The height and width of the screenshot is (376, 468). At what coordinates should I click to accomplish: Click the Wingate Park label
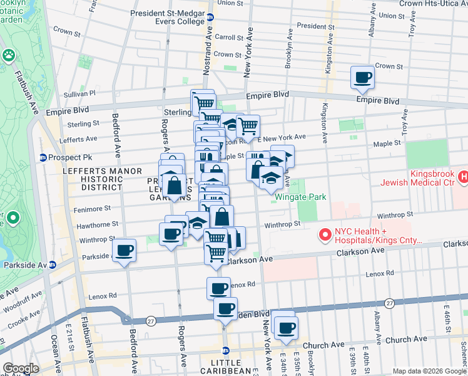coord(300,197)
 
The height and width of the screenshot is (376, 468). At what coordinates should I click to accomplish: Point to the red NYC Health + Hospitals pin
coord(325,236)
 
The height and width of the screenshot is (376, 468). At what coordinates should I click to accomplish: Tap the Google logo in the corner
coord(20,368)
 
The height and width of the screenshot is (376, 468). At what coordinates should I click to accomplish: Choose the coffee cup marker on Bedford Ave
coord(124,251)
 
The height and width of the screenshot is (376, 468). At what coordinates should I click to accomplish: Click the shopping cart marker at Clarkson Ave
coord(216,254)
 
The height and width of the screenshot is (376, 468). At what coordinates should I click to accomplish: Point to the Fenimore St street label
coord(94,207)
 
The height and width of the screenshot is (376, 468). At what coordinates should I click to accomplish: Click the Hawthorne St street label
coord(97,224)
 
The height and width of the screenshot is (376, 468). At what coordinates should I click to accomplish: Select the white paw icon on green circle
coord(9,56)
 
